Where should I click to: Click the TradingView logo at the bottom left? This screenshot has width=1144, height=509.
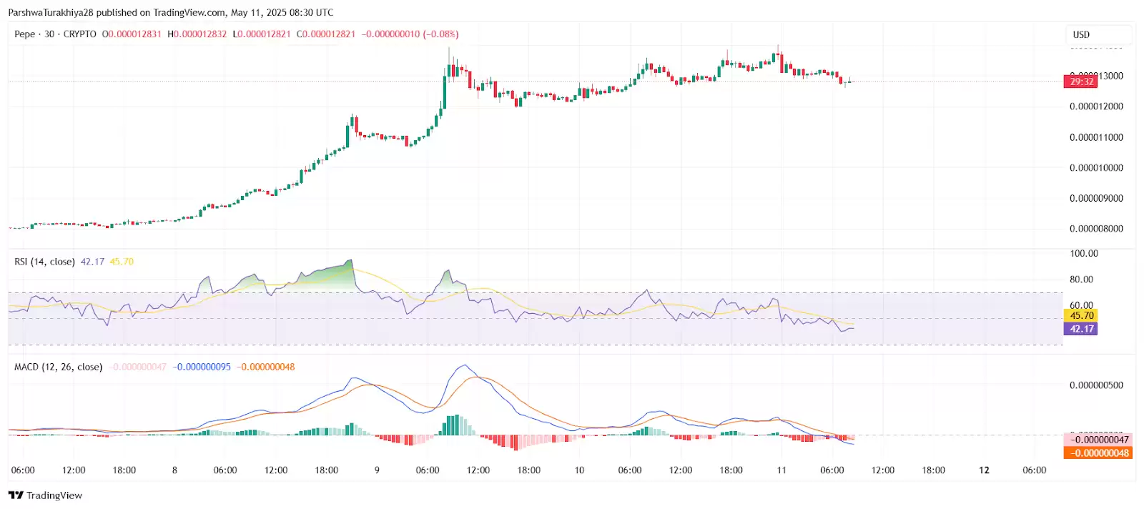pyautogui.click(x=45, y=495)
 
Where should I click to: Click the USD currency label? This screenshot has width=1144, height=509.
pyautogui.click(x=1081, y=34)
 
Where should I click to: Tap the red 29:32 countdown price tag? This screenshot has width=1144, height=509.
pyautogui.click(x=1081, y=81)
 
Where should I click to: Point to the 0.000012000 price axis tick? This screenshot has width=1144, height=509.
pyautogui.click(x=1096, y=107)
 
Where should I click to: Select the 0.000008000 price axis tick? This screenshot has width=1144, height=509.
pyautogui.click(x=1096, y=229)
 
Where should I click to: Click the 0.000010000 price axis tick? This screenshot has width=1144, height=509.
pyautogui.click(x=1096, y=168)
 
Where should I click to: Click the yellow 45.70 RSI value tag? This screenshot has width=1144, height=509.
pyautogui.click(x=1081, y=315)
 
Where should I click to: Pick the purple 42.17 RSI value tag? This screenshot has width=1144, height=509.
pyautogui.click(x=1081, y=329)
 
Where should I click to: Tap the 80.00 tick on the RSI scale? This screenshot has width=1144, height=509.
pyautogui.click(x=1081, y=280)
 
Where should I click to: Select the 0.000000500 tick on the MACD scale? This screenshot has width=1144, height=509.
pyautogui.click(x=1096, y=385)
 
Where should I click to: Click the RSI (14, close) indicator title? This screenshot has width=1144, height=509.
pyautogui.click(x=44, y=262)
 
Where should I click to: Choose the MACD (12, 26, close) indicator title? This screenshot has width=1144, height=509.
pyautogui.click(x=58, y=367)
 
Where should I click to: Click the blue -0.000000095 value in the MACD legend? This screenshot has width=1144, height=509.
pyautogui.click(x=202, y=367)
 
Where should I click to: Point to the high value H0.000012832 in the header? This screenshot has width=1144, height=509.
pyautogui.click(x=197, y=34)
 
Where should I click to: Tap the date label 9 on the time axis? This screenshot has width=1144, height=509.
pyautogui.click(x=377, y=470)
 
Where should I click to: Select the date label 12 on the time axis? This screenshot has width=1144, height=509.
pyautogui.click(x=984, y=470)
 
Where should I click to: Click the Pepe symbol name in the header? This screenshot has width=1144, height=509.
pyautogui.click(x=24, y=34)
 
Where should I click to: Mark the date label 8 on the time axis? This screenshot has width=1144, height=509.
pyautogui.click(x=174, y=470)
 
